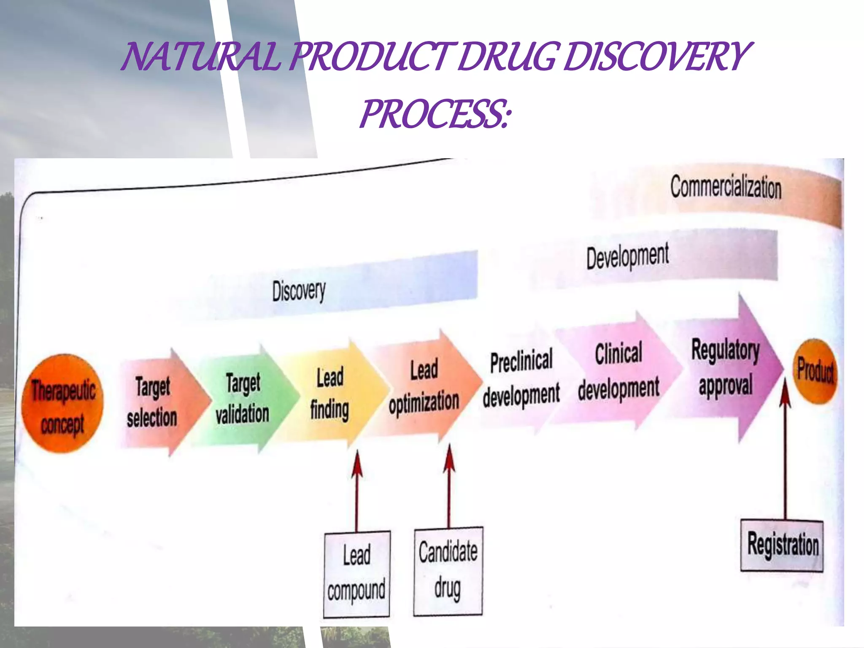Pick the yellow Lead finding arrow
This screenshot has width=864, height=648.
tap(331, 394)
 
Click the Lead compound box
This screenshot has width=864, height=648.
tap(357, 574)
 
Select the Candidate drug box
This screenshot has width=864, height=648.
tap(448, 571)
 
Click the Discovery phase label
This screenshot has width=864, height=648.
tap(299, 291)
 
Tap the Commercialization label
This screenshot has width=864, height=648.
tap(726, 187)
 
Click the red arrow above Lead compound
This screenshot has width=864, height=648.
tap(357, 489)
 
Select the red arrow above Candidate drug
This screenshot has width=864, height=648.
tap(449, 485)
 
